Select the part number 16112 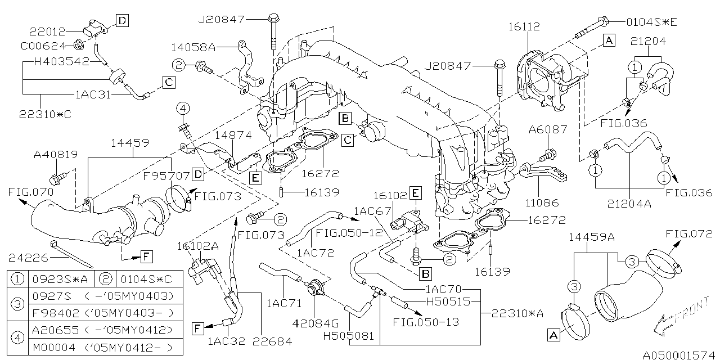(x=524, y=26)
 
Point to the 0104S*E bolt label (x=652, y=22)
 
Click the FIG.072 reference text (x=689, y=233)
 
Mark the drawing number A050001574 (x=679, y=355)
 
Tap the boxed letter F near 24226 (x=146, y=258)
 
